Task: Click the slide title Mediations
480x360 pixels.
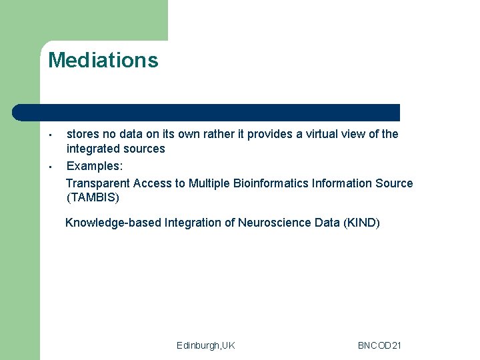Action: pyautogui.click(x=103, y=61)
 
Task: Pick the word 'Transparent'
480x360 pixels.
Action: pyautogui.click(x=98, y=183)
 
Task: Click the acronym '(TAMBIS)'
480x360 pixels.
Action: pyautogui.click(x=93, y=197)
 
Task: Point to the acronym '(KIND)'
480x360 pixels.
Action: pyautogui.click(x=361, y=223)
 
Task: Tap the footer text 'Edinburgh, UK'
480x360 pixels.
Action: pyautogui.click(x=206, y=345)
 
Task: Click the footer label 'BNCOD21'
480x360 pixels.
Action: pyautogui.click(x=379, y=345)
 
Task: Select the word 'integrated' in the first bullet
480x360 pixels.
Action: pyautogui.click(x=92, y=149)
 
